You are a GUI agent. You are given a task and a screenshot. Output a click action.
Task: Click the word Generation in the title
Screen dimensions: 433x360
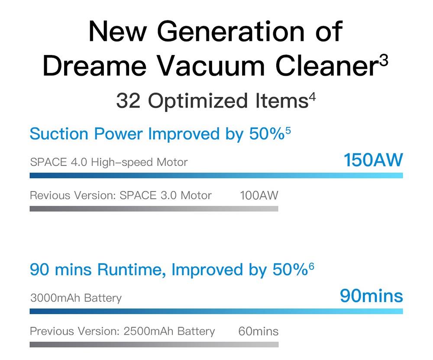tap(231, 32)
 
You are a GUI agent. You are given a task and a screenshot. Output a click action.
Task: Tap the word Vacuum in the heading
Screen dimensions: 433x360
tap(211, 66)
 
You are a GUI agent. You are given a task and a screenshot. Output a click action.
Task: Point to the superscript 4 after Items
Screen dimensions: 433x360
tap(312, 97)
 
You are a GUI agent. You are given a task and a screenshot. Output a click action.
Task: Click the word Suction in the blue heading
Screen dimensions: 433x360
tap(59, 134)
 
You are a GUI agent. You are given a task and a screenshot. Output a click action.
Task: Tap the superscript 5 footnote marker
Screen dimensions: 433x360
tap(288, 131)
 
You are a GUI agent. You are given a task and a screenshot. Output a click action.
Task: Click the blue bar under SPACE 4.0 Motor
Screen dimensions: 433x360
tap(216, 175)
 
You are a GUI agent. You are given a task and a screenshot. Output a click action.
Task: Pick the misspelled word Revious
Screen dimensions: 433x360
tap(50, 195)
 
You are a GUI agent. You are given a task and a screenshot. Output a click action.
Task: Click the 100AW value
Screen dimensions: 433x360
tap(259, 195)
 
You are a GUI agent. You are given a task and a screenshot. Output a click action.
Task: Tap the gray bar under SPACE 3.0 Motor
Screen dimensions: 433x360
tap(154, 209)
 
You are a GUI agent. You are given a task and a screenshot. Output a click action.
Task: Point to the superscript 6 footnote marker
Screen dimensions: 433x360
tap(311, 266)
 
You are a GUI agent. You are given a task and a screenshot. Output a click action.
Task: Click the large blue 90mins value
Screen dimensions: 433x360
tap(371, 296)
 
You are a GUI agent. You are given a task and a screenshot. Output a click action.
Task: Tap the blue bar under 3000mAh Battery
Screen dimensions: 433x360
tap(216, 312)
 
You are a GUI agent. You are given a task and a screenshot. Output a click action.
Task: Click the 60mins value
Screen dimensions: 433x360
tap(259, 331)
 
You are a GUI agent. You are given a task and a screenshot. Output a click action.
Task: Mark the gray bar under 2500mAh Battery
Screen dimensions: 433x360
tap(154, 344)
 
